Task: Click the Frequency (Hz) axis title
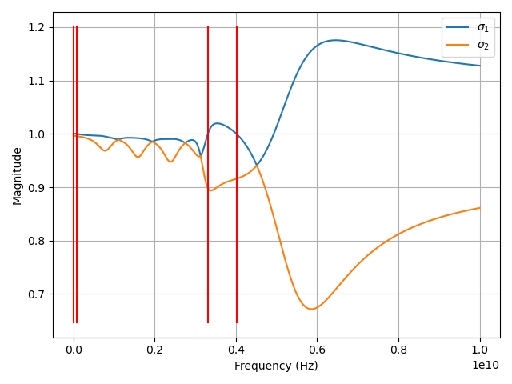[x=276, y=366]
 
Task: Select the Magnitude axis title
[x=18, y=175]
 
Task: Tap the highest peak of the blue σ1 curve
[x=335, y=40]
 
